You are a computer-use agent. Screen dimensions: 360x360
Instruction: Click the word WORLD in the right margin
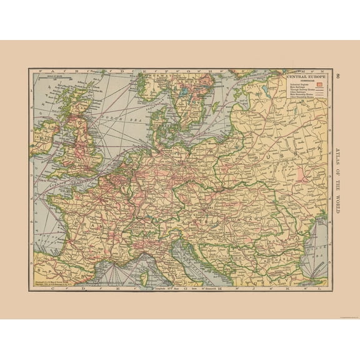click(337, 204)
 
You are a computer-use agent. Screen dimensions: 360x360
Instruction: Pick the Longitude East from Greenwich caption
click(187, 289)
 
